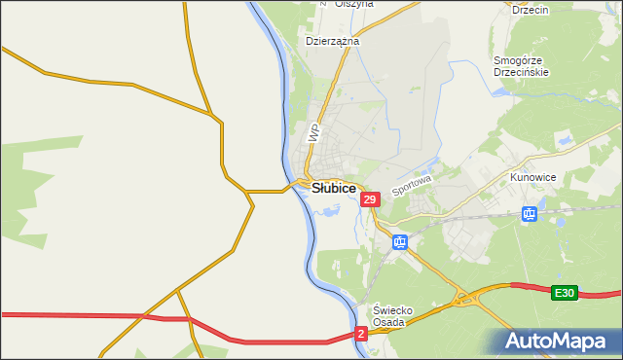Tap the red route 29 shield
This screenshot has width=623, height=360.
[369, 199]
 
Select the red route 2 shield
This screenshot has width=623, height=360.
[361, 334]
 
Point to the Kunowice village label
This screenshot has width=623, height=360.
[531, 179]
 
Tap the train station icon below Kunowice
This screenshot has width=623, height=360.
[530, 214]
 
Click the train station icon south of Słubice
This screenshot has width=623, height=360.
[400, 241]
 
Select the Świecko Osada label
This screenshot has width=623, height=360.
[395, 316]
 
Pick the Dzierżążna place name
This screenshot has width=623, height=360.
[333, 42]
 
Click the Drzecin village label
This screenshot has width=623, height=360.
[531, 10]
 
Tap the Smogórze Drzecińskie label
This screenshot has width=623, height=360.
[522, 65]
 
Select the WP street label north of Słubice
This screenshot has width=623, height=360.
[313, 132]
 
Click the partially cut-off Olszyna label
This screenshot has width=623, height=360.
[353, 4]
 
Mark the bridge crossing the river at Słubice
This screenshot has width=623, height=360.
[298, 184]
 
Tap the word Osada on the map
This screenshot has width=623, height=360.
[395, 323]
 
